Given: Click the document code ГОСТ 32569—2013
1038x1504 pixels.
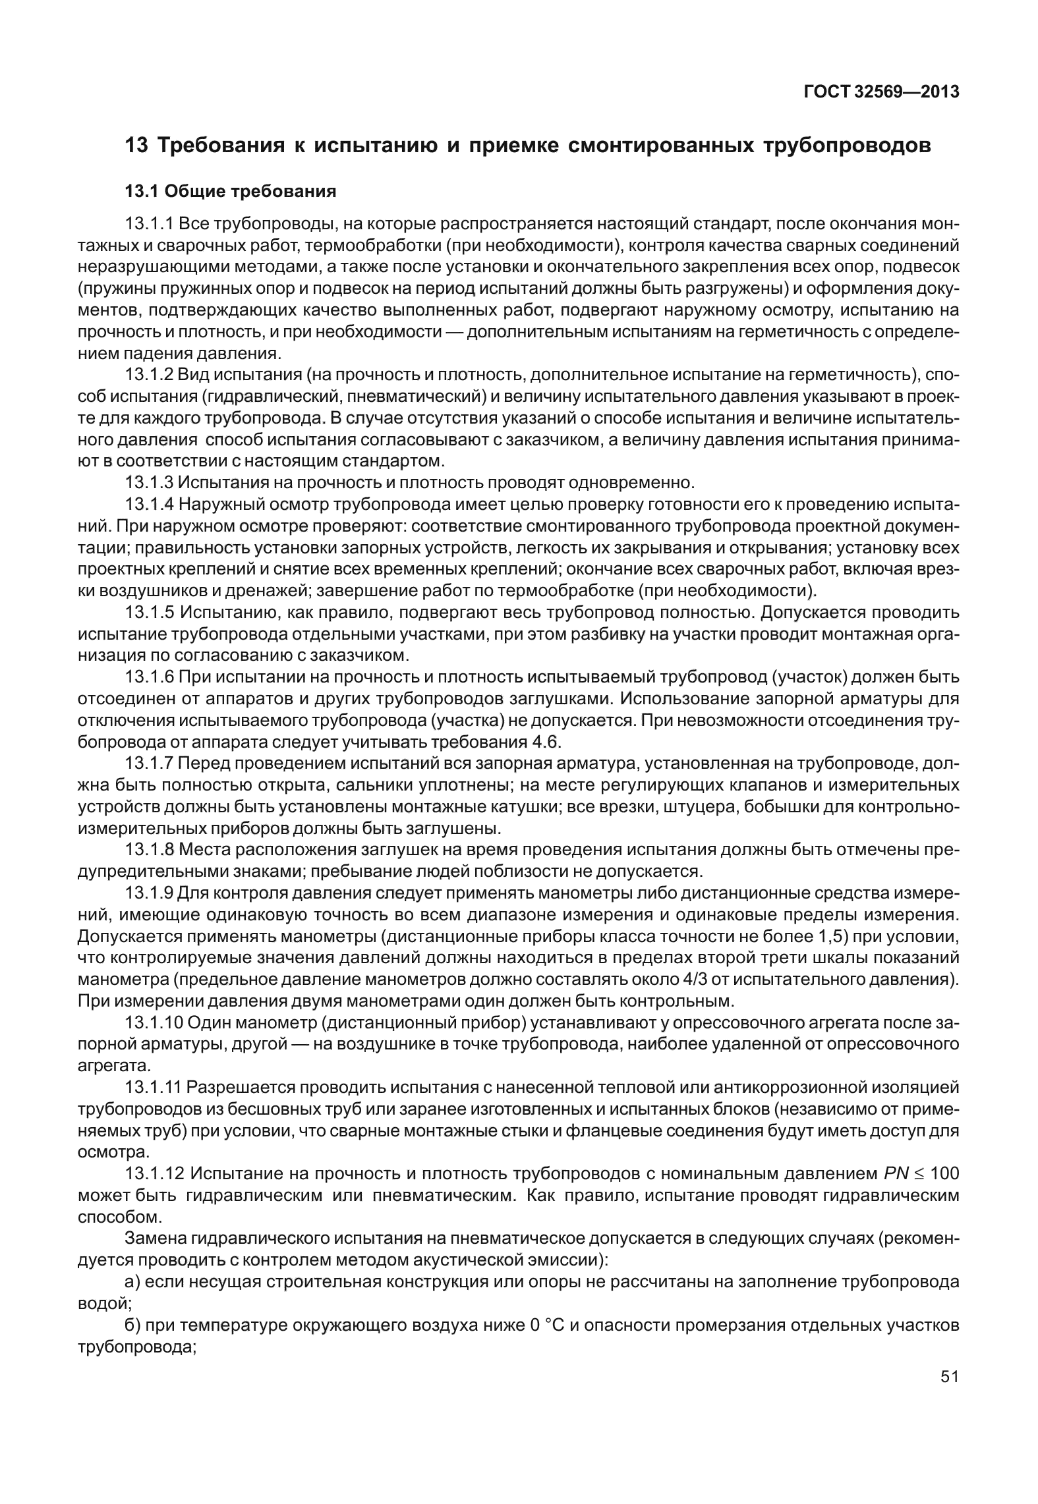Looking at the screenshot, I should tap(881, 92).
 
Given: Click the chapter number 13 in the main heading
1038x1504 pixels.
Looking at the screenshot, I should tap(136, 146).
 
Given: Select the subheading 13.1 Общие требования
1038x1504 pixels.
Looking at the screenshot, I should tap(231, 192).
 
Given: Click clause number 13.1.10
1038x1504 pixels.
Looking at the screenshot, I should tap(154, 1022).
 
